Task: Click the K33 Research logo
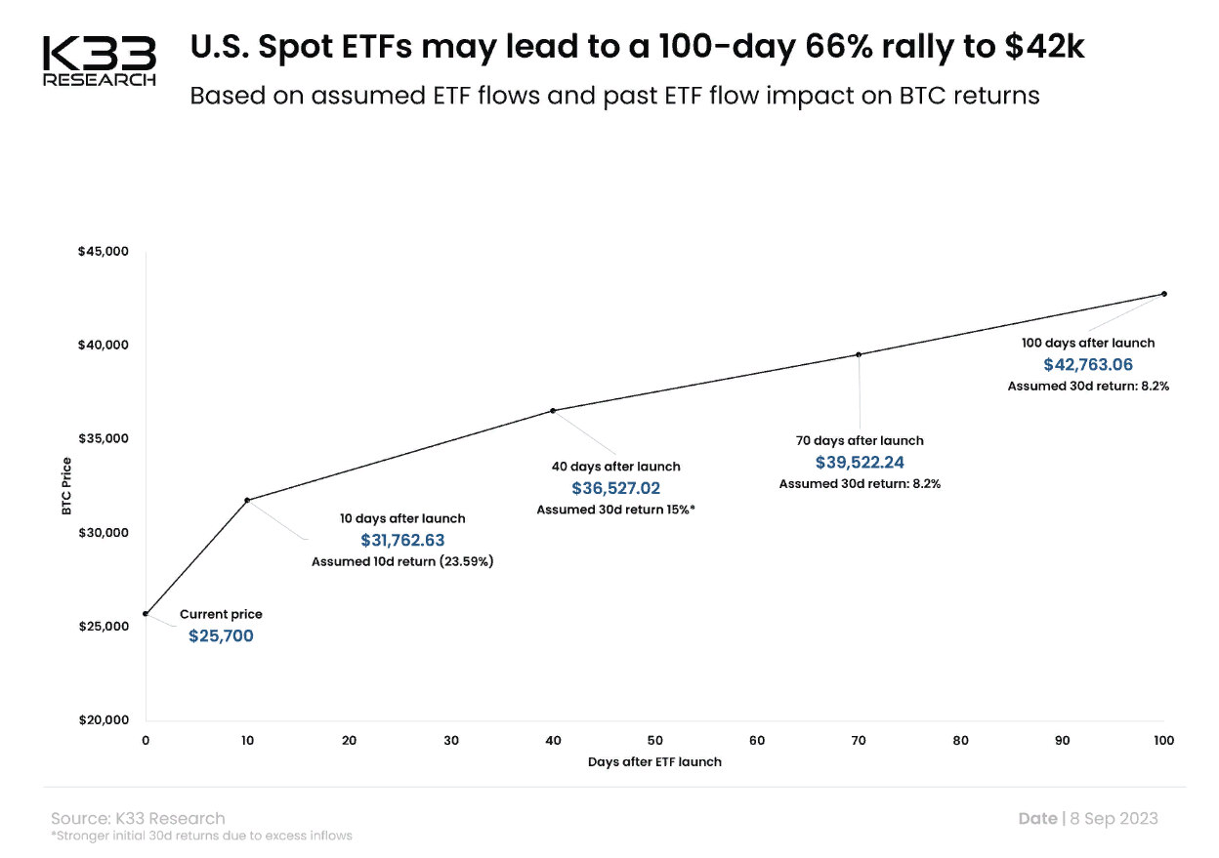coord(99,61)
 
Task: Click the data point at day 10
coord(247,500)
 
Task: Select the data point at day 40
coord(553,411)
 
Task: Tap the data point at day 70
coord(859,354)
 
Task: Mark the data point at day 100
coord(1164,294)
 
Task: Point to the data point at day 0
coord(146,614)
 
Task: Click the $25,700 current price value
coord(221,636)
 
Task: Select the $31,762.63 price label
coord(402,540)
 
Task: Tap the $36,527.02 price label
coord(616,488)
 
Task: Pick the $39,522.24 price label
coord(860,462)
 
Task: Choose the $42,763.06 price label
coord(1088,364)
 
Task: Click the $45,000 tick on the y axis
coord(103,252)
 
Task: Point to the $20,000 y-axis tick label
coord(103,720)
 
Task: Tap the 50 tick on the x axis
coord(655,740)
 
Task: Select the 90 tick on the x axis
coord(1063,740)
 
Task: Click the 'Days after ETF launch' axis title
coord(654,761)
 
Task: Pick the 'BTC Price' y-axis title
coord(67,485)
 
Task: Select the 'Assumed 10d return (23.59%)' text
coord(402,562)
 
